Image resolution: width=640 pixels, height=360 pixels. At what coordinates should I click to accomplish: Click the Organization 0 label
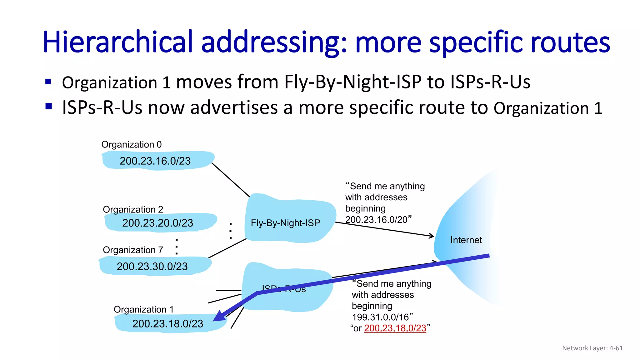131,144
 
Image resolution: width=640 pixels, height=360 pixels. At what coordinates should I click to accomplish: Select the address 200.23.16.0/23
155,161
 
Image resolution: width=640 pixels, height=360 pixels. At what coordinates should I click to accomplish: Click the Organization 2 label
133,209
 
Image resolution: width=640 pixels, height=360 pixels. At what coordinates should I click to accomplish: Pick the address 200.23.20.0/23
157,223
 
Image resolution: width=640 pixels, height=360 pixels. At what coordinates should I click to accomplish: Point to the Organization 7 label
133,250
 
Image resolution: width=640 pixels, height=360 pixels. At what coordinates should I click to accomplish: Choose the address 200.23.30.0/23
152,266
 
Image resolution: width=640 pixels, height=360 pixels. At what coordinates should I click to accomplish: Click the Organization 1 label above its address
143,309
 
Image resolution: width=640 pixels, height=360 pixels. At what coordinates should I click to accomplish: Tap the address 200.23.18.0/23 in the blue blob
167,323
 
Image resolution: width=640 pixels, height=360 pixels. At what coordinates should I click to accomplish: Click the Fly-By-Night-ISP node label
285,223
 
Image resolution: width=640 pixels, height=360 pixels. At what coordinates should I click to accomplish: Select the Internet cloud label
466,240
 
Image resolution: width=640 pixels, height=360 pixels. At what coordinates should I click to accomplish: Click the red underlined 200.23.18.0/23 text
395,328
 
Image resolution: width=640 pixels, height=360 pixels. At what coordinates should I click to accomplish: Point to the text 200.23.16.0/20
376,220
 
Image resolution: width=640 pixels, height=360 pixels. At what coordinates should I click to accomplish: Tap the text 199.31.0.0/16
380,317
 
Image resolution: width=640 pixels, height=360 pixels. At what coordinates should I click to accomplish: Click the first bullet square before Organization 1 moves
48,82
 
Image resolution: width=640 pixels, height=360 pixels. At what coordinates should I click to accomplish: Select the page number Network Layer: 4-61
592,348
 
